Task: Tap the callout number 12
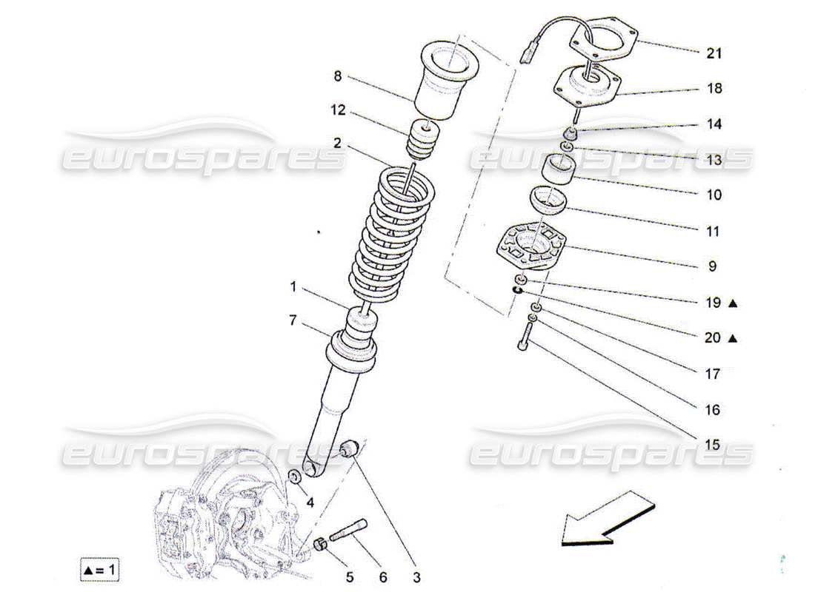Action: pos(338,110)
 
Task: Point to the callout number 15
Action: pos(712,445)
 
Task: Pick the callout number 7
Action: pos(293,321)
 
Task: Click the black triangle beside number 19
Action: pos(733,303)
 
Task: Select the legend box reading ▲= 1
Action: pos(100,570)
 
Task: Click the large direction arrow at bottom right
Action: pos(608,518)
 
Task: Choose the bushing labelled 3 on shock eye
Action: pos(349,448)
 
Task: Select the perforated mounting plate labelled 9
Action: pos(530,247)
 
